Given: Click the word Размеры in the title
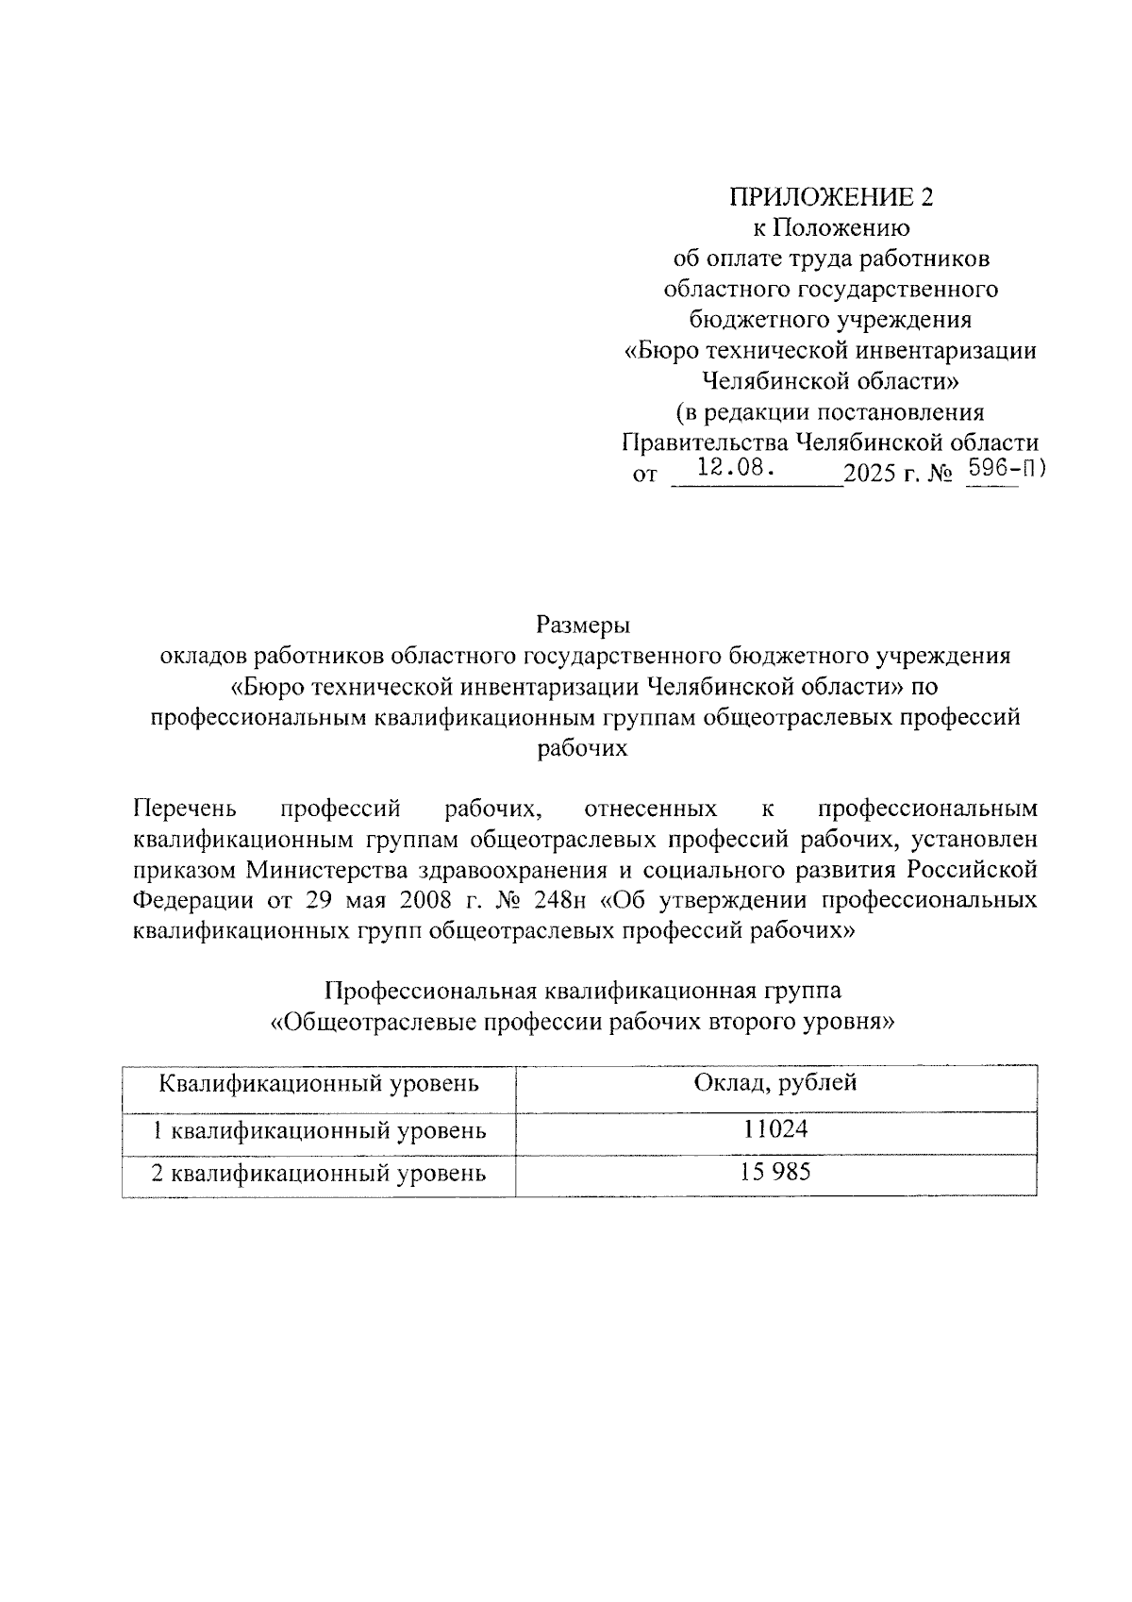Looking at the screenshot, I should tap(582, 625).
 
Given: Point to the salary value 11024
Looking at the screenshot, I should tap(776, 1128).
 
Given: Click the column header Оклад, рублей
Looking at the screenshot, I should tap(775, 1082).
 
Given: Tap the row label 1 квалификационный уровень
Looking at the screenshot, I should tap(320, 1129).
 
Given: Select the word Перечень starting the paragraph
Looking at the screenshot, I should tap(185, 809).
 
